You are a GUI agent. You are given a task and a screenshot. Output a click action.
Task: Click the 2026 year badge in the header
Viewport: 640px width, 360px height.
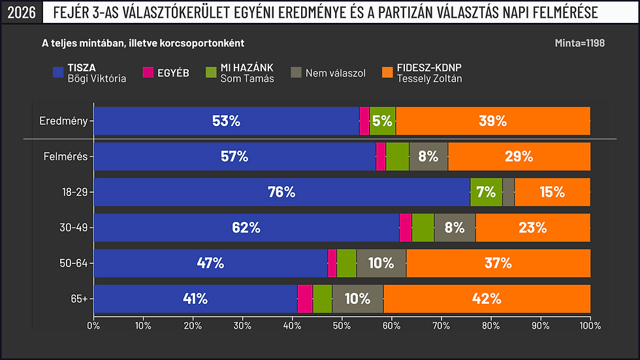(x=20, y=12)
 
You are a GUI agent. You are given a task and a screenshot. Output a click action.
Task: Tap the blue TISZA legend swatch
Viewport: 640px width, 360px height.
(x=57, y=73)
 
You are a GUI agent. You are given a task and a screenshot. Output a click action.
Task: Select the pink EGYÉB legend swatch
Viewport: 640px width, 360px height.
(x=148, y=73)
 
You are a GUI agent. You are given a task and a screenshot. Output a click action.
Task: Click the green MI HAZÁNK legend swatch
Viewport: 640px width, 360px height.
(x=211, y=73)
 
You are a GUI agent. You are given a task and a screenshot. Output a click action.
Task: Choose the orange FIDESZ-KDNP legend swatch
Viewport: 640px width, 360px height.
(x=387, y=73)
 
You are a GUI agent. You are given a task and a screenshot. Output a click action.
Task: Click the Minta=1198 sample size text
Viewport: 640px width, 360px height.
(x=579, y=43)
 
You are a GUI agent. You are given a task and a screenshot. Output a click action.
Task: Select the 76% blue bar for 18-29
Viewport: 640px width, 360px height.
(x=281, y=192)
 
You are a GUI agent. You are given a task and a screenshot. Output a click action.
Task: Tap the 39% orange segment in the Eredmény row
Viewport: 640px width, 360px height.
(x=492, y=121)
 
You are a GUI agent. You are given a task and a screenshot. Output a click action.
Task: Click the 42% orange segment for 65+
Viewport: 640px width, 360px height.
(x=487, y=299)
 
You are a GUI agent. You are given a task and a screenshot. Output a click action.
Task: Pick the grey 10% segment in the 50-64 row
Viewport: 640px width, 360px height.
(x=381, y=263)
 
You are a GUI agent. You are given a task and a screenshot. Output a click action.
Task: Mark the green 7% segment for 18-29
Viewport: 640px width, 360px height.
(x=486, y=192)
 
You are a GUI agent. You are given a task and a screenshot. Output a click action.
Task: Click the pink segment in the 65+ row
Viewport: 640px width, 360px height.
(x=305, y=299)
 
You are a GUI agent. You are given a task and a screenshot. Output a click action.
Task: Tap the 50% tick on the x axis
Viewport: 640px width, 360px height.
(x=342, y=324)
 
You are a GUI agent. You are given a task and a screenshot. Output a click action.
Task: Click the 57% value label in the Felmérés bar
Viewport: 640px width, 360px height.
(x=234, y=157)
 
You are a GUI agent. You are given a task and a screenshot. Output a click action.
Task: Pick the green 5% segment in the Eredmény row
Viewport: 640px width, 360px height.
(x=383, y=121)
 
